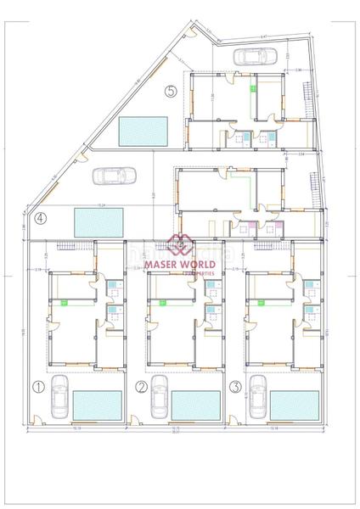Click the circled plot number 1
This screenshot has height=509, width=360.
tap(37, 387)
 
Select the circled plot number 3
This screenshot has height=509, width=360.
tap(235, 387)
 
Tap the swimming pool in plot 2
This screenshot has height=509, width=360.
tap(196, 404)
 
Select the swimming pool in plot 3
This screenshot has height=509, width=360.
tap(295, 404)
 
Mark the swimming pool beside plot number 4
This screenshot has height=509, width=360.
tap(100, 222)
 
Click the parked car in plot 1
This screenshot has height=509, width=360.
tap(59, 399)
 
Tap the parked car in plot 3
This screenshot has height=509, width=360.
tap(258, 399)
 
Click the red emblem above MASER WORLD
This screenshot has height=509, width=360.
tap(180, 245)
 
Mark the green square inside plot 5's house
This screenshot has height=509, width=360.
tap(252, 87)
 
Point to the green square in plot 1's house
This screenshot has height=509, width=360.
tap(65, 301)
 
